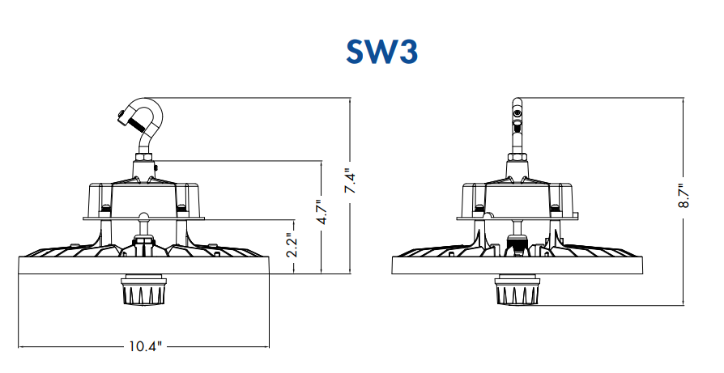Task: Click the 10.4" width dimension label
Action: pos(146,347)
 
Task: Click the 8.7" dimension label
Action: pos(682,197)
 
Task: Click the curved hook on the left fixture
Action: pos(147,121)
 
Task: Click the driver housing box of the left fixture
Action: pos(138,197)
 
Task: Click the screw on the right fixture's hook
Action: pos(516,122)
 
